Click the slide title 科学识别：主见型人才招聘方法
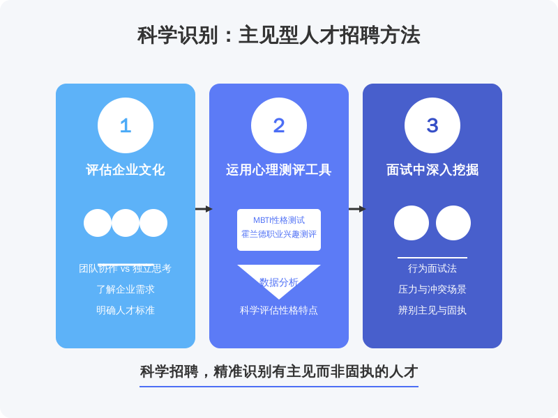[x=279, y=35]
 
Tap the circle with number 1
[x=126, y=125]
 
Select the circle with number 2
[x=279, y=125]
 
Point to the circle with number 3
[x=432, y=125]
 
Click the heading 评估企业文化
[x=126, y=170]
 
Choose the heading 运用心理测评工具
[x=279, y=170]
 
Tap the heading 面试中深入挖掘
[x=432, y=170]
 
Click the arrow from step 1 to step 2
[x=203, y=209]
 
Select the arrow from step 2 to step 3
[x=356, y=209]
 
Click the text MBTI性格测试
[x=279, y=220]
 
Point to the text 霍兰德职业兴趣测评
[x=279, y=234]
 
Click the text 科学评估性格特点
[x=279, y=310]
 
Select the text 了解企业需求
[x=126, y=289]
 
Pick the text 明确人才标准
[x=126, y=310]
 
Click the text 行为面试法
[x=432, y=268]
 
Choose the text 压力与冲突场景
[x=432, y=289]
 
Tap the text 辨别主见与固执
[x=432, y=310]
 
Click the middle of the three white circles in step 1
[x=126, y=223]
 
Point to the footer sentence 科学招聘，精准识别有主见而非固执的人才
[x=279, y=371]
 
